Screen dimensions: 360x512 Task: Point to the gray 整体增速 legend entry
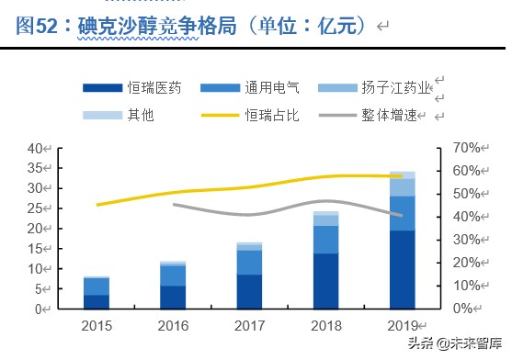375,116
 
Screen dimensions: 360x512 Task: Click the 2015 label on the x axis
97,326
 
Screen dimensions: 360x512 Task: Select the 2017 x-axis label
249,326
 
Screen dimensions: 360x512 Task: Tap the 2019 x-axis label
402,326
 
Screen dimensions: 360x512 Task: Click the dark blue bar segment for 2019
402,270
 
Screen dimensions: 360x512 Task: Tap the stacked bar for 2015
97,293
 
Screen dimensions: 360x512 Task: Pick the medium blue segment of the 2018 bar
325,239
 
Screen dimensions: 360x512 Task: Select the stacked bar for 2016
173,286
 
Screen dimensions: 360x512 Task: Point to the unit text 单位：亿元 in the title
307,25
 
